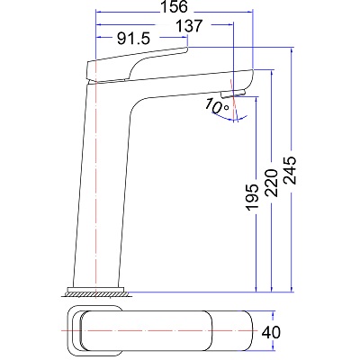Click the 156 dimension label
pyautogui.click(x=174, y=6)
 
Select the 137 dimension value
pyautogui.click(x=189, y=26)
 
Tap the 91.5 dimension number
pyautogui.click(x=133, y=39)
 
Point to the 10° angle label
pyautogui.click(x=217, y=107)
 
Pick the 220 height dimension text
pyautogui.click(x=272, y=183)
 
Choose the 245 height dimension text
pyautogui.click(x=290, y=170)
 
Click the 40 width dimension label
pyautogui.click(x=271, y=332)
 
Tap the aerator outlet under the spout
pyautogui.click(x=233, y=94)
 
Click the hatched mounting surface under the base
pyautogui.click(x=96, y=294)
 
